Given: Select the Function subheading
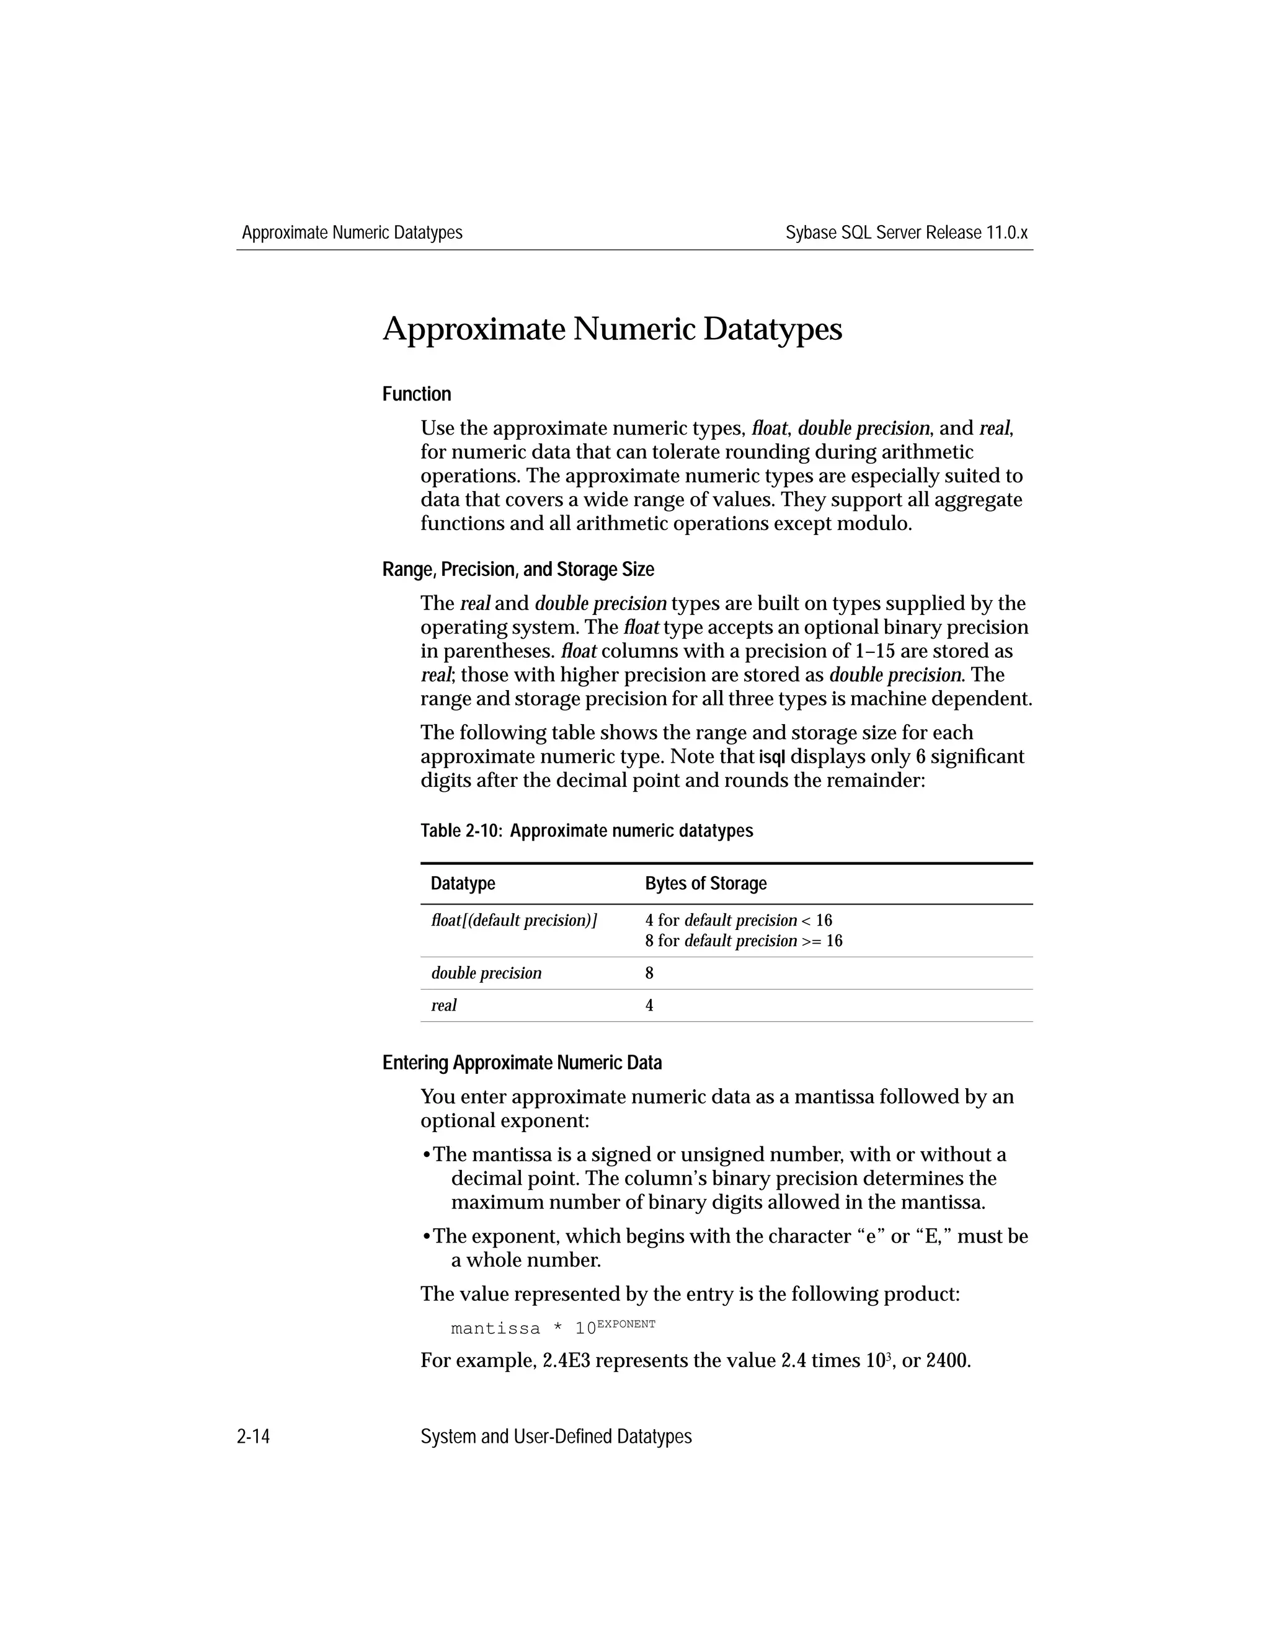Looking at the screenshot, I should [416, 394].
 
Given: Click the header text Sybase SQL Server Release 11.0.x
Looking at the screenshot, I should [906, 232].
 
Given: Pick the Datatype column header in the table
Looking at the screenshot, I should [463, 883].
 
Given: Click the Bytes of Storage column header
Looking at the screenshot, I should [705, 883].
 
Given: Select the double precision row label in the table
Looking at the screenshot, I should [486, 973].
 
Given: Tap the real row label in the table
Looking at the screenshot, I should [444, 1005].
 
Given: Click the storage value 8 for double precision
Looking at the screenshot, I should [649, 973].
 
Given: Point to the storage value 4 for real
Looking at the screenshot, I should [649, 1005].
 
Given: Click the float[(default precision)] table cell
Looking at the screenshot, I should [514, 920].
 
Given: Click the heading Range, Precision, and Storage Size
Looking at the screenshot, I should [518, 570].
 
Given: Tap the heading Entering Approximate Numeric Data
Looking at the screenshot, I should [522, 1062].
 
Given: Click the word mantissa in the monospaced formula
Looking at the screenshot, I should [495, 1329].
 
